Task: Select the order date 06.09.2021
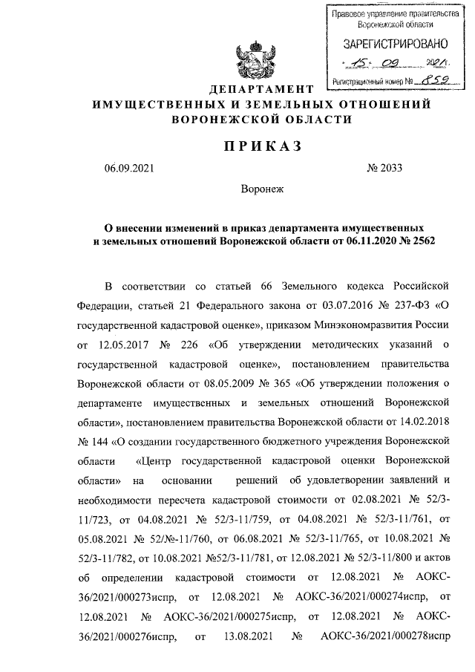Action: pyautogui.click(x=129, y=168)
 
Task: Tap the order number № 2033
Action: pyautogui.click(x=384, y=168)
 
